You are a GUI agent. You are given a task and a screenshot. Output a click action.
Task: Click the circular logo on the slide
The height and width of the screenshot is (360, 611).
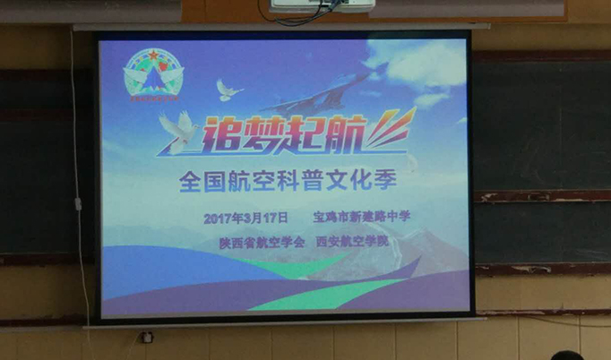(x=152, y=73)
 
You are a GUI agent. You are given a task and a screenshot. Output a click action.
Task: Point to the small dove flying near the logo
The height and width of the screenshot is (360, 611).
(x=228, y=90)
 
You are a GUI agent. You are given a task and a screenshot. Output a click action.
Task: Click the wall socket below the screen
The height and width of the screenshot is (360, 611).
(x=147, y=337)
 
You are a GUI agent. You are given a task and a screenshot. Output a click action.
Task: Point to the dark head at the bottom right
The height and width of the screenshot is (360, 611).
(x=565, y=356)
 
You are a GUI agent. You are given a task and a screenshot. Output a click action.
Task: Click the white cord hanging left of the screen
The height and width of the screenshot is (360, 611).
(x=78, y=179)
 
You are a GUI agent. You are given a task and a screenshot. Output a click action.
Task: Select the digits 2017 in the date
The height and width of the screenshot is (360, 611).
(x=218, y=218)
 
